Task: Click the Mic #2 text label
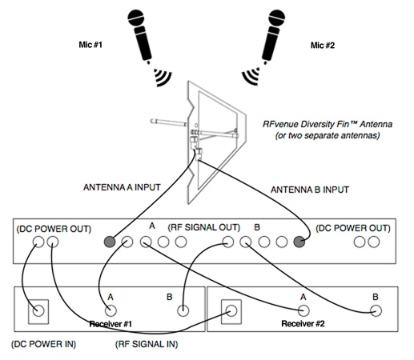click(x=323, y=45)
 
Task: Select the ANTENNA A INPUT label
click(x=122, y=188)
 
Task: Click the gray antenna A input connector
click(x=110, y=241)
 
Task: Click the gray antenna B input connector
click(x=299, y=241)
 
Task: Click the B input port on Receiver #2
click(x=376, y=311)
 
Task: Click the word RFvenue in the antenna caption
click(x=281, y=125)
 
